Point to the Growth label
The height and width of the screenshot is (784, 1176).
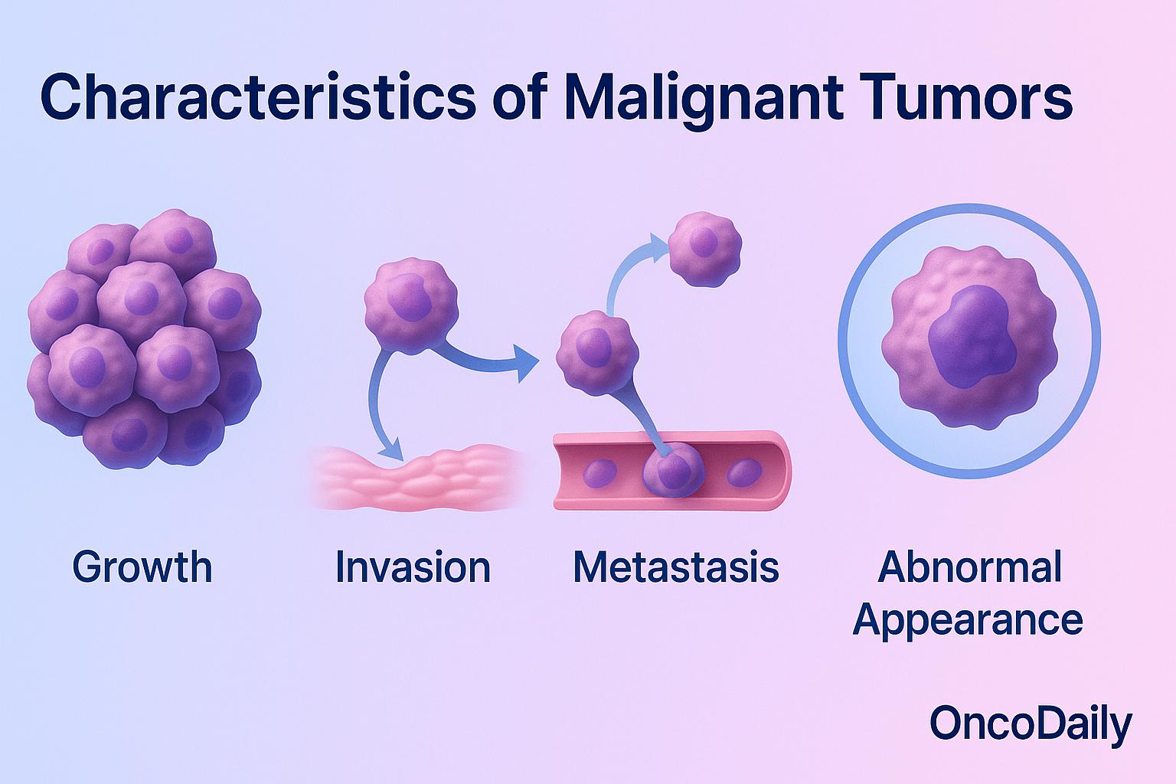pos(142,567)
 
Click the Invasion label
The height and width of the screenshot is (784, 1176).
pos(413,567)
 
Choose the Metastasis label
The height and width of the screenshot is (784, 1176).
pos(676,567)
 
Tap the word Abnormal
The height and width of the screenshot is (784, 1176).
pos(969,567)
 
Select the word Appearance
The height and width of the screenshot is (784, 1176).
pos(968,619)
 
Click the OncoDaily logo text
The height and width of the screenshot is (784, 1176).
pos(1031,723)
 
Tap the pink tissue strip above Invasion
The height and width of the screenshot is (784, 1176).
pos(417,479)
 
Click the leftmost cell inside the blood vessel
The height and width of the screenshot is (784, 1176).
pos(599,472)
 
